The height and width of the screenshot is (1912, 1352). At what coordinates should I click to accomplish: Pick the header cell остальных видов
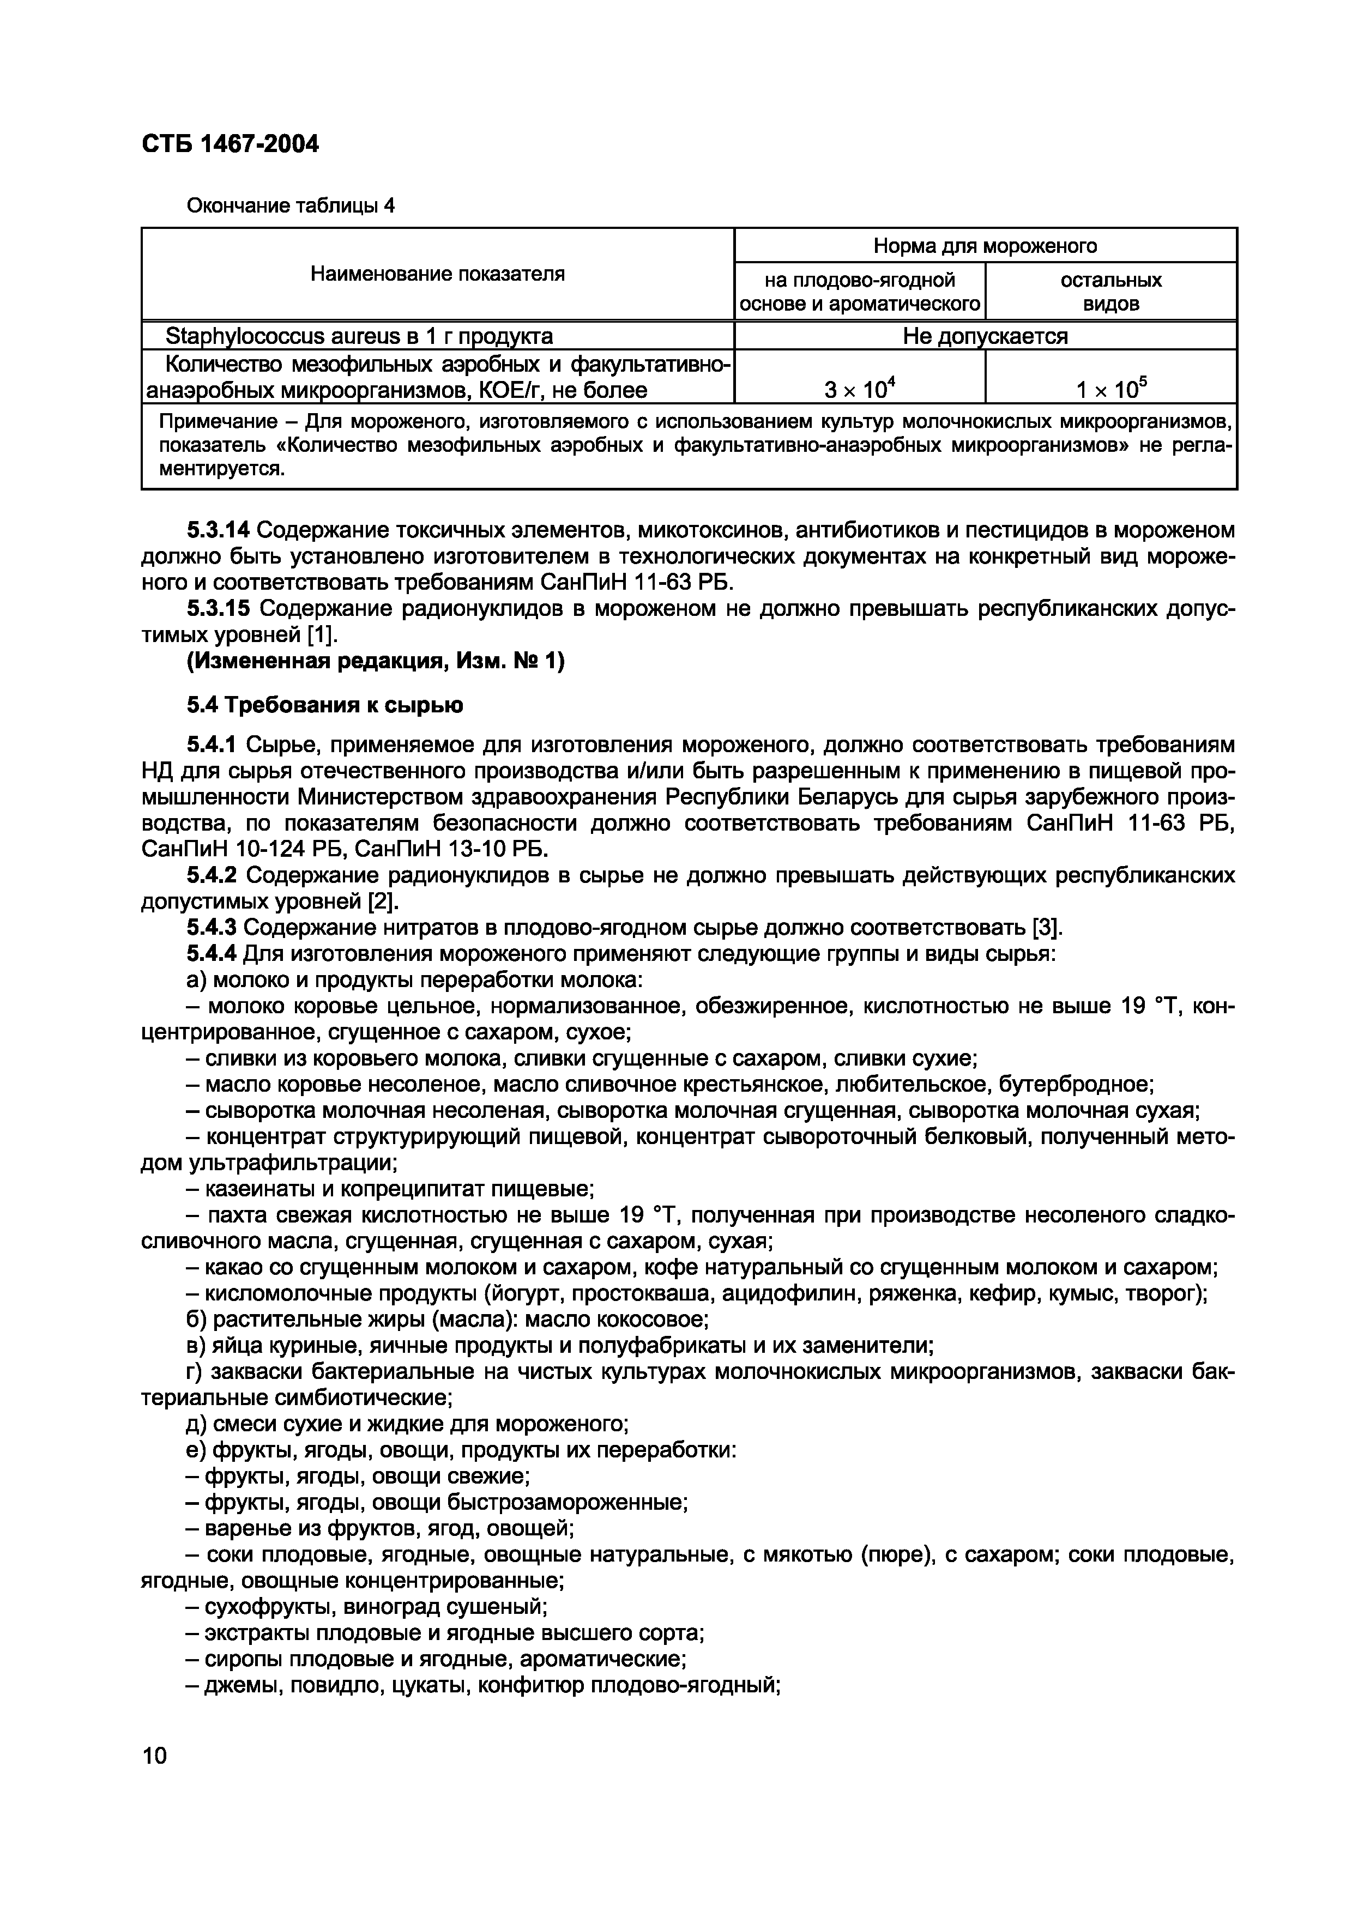click(x=1110, y=292)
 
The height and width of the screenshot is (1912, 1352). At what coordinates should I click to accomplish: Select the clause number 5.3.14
click(x=218, y=530)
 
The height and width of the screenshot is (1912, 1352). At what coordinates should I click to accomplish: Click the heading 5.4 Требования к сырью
click(x=325, y=705)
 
